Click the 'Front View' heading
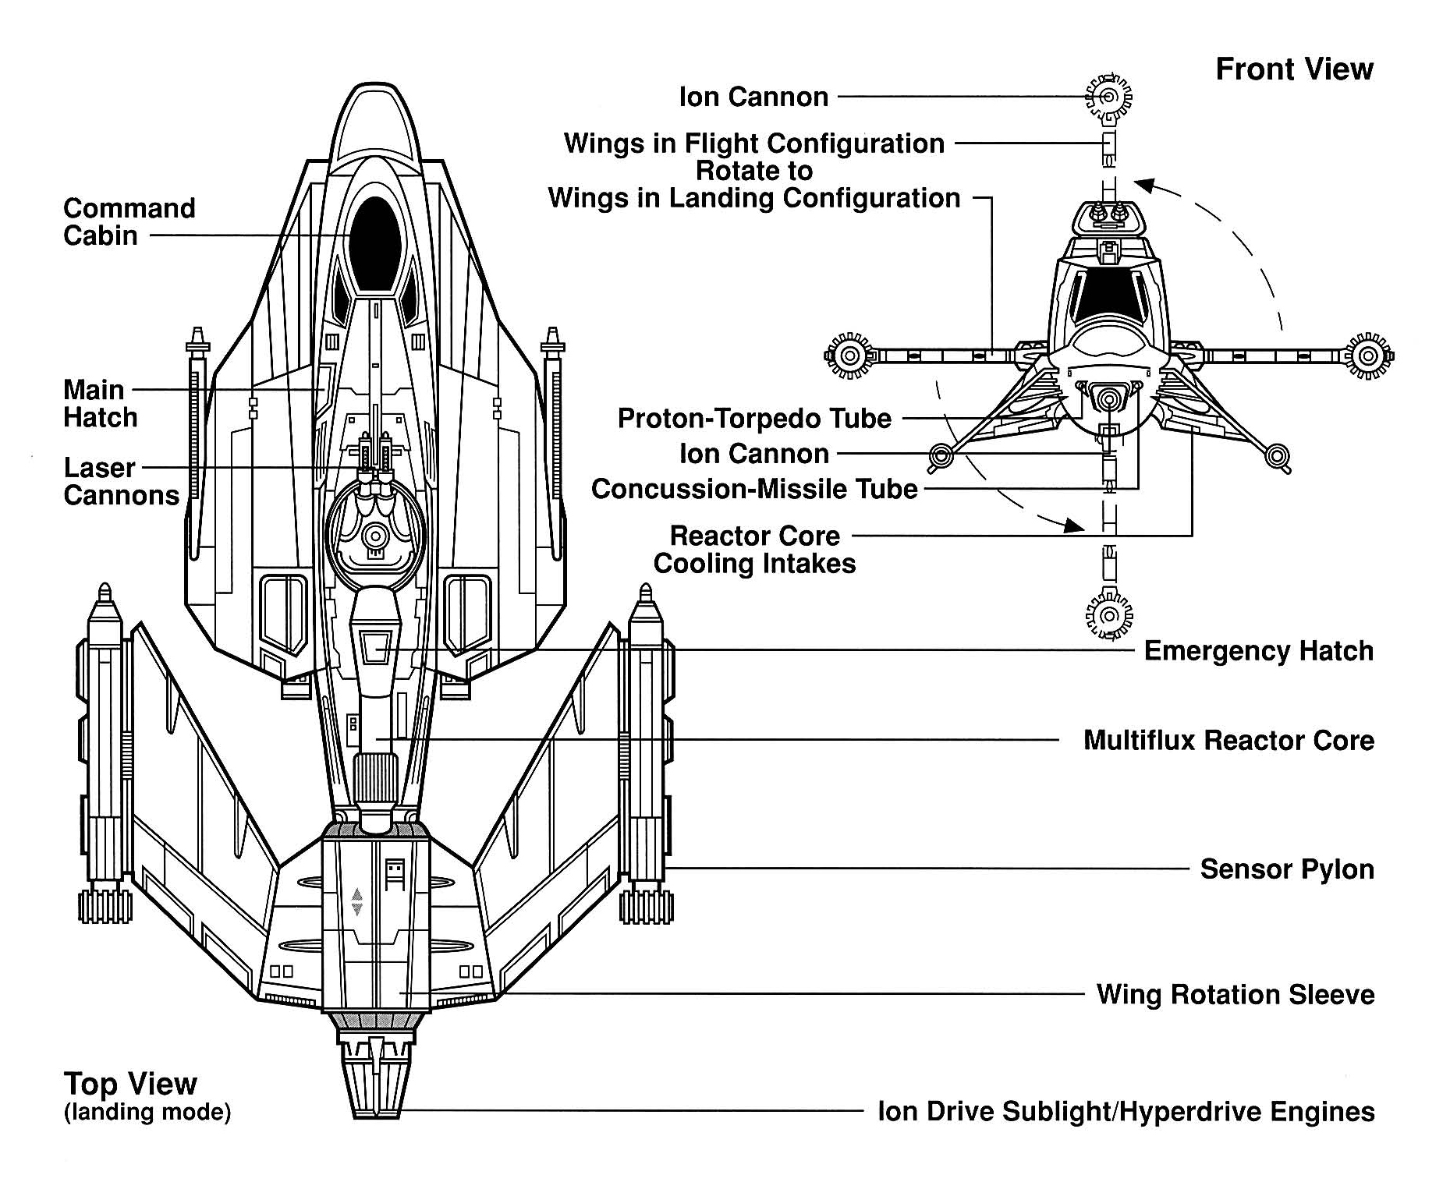pos(1293,69)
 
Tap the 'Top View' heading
pos(130,1084)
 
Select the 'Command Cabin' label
pos(129,222)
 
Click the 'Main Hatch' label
pos(100,404)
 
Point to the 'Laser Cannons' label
pos(121,482)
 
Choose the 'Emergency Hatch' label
pos(1258,651)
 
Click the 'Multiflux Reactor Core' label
pos(1228,740)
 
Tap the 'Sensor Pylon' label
pos(1286,869)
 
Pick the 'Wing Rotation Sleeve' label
pos(1235,995)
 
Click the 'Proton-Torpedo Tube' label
pos(753,419)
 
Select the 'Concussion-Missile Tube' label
pos(754,489)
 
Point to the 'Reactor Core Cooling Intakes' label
pos(754,550)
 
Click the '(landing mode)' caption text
pos(147,1112)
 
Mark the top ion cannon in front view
pos(1108,97)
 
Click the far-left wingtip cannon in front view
pos(849,356)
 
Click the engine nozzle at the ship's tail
pos(375,1088)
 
